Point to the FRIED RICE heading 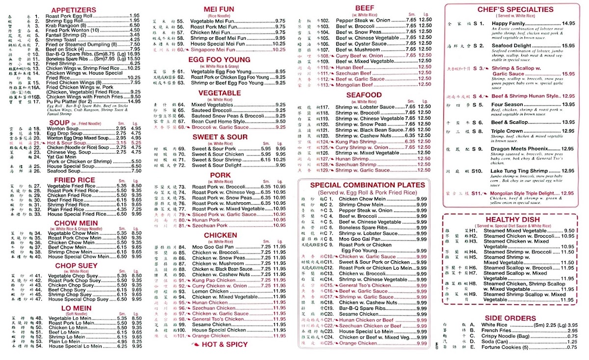(x=75, y=180)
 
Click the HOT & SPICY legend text (x=229, y=344)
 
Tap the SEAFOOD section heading (x=363, y=95)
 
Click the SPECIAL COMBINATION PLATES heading (x=367, y=185)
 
